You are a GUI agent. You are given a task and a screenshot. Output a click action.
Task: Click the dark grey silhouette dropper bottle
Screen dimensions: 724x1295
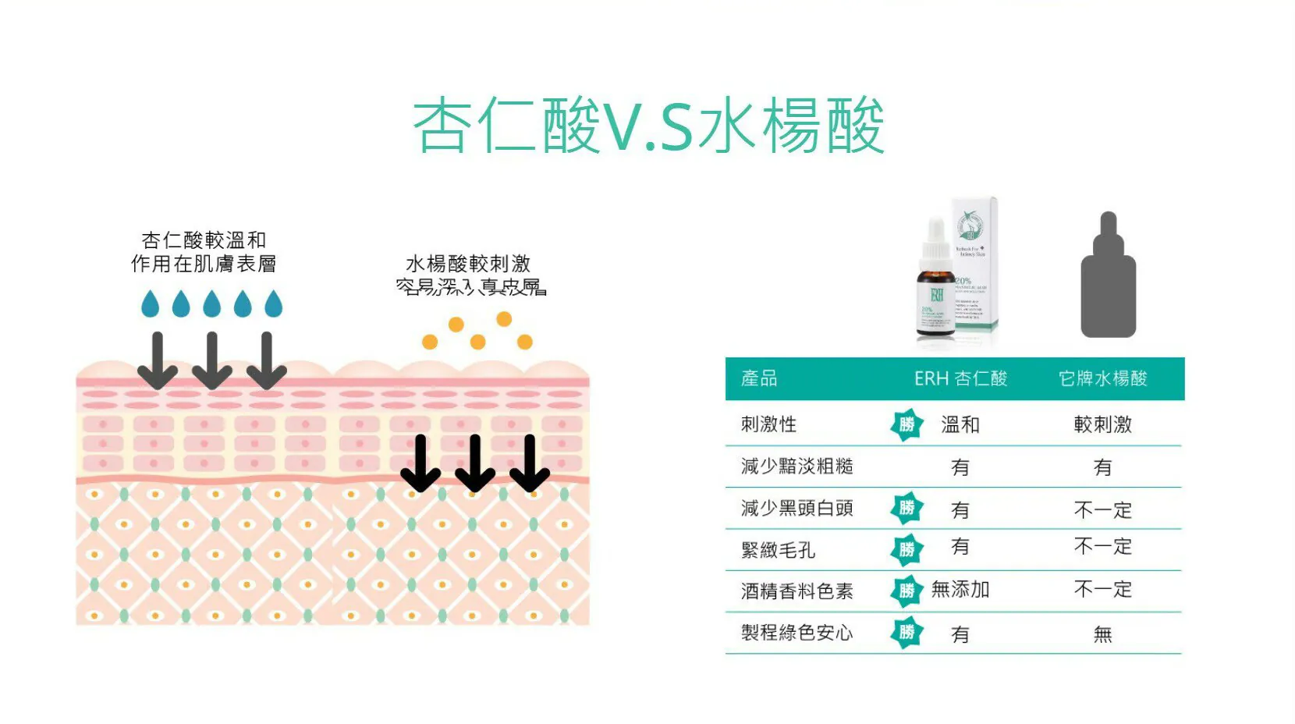pos(1108,277)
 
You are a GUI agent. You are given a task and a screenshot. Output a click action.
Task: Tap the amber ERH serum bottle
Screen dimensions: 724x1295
pos(936,289)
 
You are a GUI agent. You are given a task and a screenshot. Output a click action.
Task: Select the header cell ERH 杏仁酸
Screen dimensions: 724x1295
pos(960,379)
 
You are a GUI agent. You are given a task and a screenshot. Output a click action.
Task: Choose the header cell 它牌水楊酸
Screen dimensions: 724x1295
pos(1102,379)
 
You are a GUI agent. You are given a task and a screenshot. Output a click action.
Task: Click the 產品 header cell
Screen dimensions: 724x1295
pos(759,379)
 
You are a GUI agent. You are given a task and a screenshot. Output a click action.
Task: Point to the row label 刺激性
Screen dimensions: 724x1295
pos(768,424)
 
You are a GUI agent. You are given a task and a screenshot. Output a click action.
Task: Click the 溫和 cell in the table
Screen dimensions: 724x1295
pos(960,425)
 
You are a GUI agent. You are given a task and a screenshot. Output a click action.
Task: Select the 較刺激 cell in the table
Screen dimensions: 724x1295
pos(1102,425)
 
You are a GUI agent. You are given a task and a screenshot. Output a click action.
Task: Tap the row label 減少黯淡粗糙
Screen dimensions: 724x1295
pos(797,467)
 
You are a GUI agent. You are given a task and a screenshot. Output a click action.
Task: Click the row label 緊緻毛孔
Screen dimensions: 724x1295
pos(778,550)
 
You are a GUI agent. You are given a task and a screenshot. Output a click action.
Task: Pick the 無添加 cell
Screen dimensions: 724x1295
pos(960,590)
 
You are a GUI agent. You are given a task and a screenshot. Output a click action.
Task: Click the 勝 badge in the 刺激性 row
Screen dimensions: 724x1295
pos(906,425)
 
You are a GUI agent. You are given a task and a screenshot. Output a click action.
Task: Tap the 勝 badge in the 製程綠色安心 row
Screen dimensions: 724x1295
pos(906,633)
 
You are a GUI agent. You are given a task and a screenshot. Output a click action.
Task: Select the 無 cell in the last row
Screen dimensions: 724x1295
pos(1102,634)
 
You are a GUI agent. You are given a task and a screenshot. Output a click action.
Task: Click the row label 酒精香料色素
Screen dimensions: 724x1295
pos(797,591)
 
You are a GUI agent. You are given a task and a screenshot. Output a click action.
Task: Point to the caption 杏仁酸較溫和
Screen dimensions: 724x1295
pos(204,240)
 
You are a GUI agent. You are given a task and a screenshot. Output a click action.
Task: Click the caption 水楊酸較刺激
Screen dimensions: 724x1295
pos(468,264)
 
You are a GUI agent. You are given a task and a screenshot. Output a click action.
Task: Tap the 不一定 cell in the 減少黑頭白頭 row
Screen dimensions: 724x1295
pos(1102,510)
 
